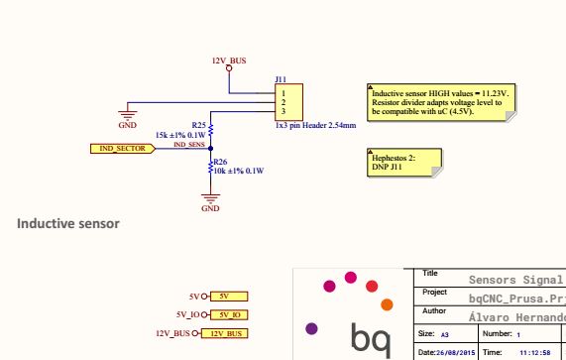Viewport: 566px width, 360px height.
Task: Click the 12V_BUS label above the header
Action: (229, 60)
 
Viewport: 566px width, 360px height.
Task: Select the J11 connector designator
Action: (281, 79)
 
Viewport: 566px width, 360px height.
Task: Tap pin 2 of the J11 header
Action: (283, 101)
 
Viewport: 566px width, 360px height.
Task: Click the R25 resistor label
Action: (198, 125)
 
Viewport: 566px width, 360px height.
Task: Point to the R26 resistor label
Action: (220, 160)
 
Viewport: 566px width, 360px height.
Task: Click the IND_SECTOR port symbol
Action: (122, 148)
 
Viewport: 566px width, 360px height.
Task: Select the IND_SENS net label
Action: (189, 145)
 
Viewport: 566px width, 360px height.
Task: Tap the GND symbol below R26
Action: (210, 204)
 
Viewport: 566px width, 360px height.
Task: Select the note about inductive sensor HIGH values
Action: (435, 102)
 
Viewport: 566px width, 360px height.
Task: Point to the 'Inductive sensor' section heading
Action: (68, 223)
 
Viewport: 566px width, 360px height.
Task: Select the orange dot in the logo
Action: (388, 303)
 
